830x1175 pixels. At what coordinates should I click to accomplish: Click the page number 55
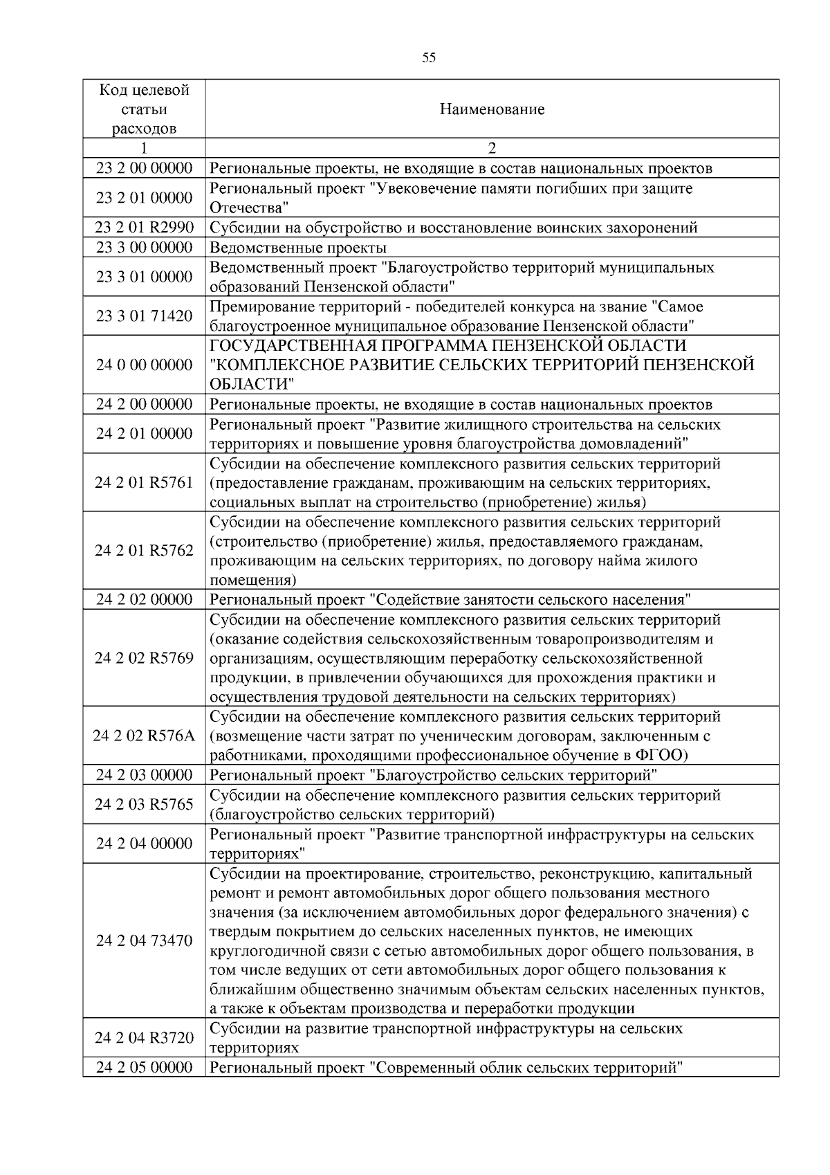429,58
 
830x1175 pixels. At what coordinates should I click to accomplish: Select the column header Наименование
492,109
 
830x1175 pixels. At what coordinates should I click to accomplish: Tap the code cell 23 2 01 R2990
144,228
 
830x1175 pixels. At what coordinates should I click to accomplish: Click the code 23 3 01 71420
144,316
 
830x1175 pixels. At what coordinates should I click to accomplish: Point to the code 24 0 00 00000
144,365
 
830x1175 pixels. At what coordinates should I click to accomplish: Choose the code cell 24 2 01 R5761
144,482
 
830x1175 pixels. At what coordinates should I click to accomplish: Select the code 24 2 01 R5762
144,551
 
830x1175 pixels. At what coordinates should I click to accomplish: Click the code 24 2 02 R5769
144,658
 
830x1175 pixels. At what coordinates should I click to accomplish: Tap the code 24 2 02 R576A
144,736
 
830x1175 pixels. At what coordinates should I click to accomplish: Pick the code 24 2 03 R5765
144,804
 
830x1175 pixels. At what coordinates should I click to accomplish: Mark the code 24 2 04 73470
144,940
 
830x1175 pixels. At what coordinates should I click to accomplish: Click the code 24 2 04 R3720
144,1038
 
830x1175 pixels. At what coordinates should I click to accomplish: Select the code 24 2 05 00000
144,1067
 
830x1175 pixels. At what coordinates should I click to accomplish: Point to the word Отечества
247,208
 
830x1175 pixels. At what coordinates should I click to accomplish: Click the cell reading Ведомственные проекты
298,248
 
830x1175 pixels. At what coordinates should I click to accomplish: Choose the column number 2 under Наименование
492,148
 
